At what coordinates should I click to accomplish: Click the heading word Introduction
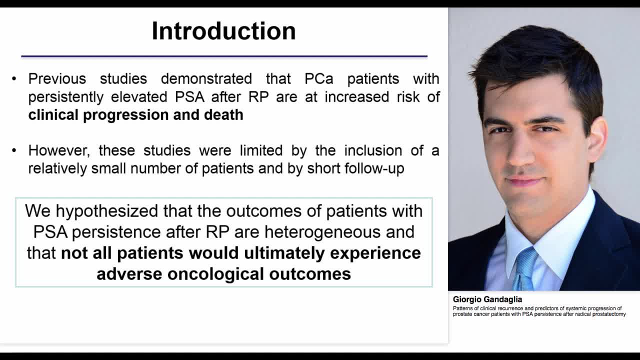[x=223, y=31]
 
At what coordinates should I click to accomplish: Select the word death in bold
[x=223, y=115]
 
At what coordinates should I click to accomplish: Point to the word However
[x=59, y=150]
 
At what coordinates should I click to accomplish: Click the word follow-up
[x=374, y=169]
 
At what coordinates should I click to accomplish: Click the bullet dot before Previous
[x=14, y=79]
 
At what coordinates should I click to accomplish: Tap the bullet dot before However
[x=14, y=150]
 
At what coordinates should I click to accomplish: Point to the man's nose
[x=522, y=152]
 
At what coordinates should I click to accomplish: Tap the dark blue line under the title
[x=224, y=56]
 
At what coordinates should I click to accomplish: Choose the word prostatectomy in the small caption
[x=607, y=314]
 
